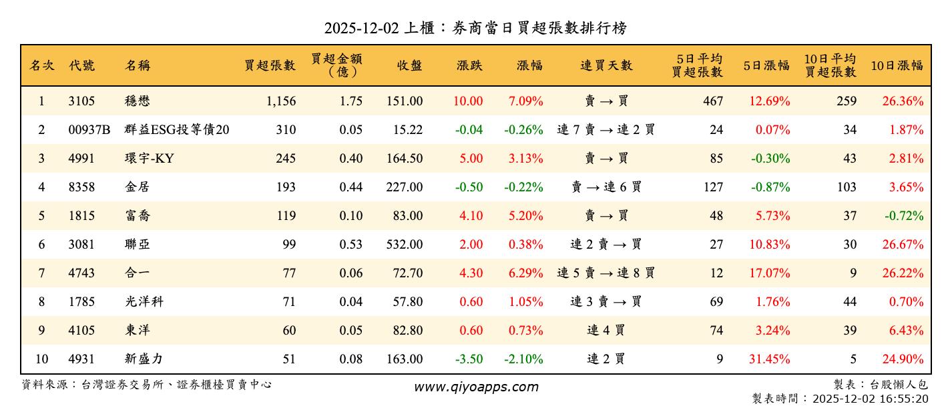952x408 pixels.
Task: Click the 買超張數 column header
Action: point(270,65)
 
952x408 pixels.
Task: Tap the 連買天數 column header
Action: point(606,65)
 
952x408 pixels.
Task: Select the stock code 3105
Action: point(81,101)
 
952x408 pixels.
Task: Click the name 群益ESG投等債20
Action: point(177,130)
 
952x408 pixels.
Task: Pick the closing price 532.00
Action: point(404,245)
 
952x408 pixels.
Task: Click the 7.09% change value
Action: point(525,101)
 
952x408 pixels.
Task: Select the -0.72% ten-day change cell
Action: point(904,216)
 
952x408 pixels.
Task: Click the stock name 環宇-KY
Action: point(149,159)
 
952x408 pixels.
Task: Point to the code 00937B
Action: point(89,130)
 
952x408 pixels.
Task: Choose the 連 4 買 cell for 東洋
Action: point(606,331)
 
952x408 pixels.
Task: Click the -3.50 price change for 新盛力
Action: point(469,359)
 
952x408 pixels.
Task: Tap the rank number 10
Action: point(41,359)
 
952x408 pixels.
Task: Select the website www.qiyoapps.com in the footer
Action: point(476,387)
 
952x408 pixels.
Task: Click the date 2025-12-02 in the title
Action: point(361,28)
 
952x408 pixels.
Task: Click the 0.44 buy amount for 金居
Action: point(351,187)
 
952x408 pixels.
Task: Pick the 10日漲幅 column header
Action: point(897,65)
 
